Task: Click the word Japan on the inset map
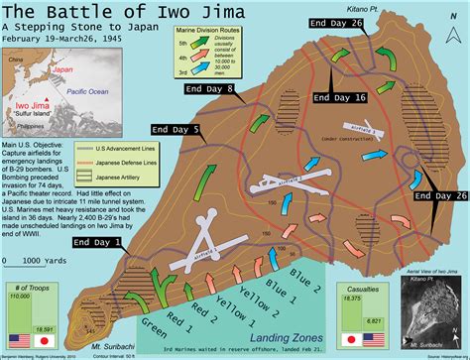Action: (x=62, y=70)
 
